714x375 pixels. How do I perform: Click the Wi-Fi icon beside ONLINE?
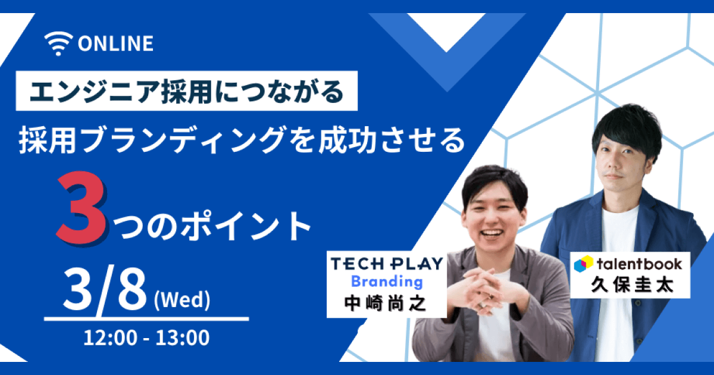59,43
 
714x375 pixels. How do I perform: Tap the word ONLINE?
115,43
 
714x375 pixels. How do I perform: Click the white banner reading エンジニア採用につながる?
186,91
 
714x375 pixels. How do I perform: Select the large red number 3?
82,209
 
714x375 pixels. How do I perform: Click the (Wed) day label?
182,300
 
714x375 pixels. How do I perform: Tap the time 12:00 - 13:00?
146,337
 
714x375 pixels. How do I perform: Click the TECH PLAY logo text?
387,264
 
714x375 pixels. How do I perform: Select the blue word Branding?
387,282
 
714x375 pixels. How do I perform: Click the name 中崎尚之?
385,303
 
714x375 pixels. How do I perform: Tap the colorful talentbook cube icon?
583,264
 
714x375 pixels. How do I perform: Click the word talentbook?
640,264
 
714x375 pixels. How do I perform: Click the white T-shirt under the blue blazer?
617,287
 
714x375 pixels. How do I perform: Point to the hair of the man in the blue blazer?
627,127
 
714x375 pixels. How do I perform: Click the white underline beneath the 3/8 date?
146,319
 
